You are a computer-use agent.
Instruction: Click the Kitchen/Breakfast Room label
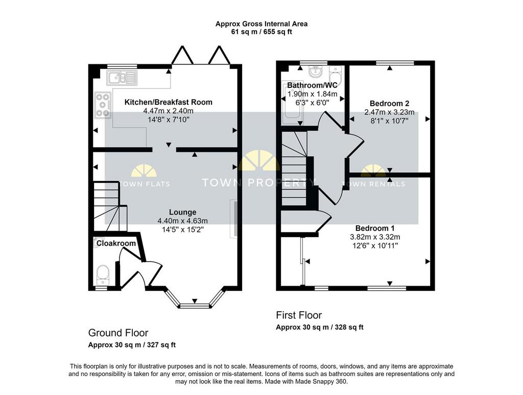pos(169,102)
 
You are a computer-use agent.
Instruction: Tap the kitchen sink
pos(122,78)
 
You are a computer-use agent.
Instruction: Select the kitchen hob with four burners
pos(103,105)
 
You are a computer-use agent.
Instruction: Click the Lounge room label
pos(182,212)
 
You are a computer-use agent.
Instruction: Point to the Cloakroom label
pos(116,243)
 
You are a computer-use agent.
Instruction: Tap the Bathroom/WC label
pos(312,85)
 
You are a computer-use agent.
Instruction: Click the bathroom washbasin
pos(315,71)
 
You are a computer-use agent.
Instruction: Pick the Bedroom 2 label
pos(389,103)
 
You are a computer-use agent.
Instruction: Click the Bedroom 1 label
pos(375,228)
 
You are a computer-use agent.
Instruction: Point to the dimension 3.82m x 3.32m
pos(375,237)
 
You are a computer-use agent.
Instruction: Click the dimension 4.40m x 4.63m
pos(182,221)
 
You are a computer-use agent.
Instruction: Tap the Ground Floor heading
pos(118,333)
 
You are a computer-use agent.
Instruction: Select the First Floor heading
pos(299,315)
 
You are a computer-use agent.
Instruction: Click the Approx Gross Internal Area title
pos(261,24)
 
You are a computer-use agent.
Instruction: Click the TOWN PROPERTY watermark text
pos(259,182)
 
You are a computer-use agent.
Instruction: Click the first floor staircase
pos(294,169)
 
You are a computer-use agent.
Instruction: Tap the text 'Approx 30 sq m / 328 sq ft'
pos(320,327)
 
